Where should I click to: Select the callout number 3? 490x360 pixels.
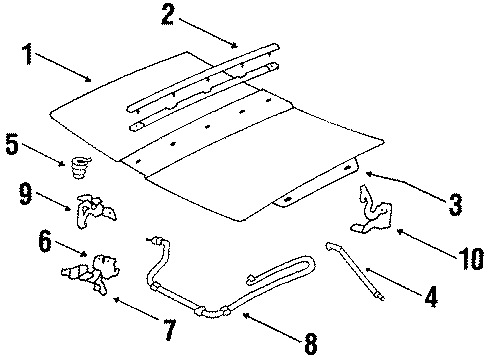pos(454,205)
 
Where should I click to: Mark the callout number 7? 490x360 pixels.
pos(167,328)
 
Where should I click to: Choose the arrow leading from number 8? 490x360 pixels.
pos(265,327)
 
